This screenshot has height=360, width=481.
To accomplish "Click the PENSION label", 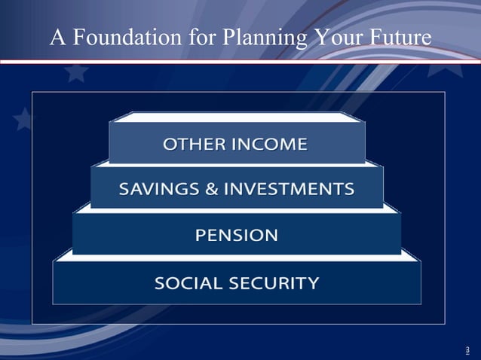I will [x=237, y=235].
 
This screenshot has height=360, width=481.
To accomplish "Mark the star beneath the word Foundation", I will [x=76, y=73].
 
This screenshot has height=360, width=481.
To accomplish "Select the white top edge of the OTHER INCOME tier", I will [x=237, y=116].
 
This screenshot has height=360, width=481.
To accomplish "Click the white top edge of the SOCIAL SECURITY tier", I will [x=237, y=256].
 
